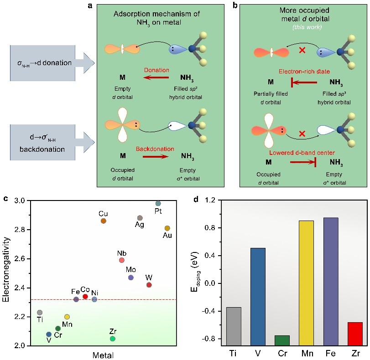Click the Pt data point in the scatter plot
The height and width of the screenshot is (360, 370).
tap(158, 203)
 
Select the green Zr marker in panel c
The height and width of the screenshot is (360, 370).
tap(113, 339)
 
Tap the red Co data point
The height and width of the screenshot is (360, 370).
tap(85, 297)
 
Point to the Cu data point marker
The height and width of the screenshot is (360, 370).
tap(104, 221)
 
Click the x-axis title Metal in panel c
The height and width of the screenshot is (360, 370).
tap(103, 355)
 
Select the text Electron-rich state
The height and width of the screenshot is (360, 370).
tap(305, 72)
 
